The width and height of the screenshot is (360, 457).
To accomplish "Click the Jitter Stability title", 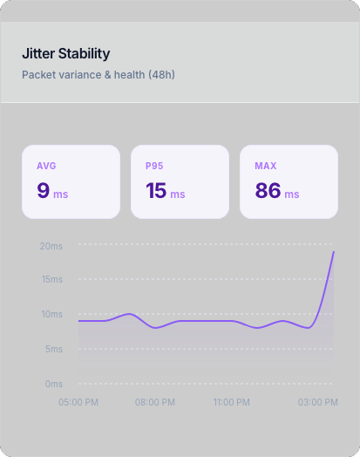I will pos(65,54).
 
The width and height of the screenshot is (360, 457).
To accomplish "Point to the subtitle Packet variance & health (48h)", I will pos(98,75).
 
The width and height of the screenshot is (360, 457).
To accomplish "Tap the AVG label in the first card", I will pos(46,166).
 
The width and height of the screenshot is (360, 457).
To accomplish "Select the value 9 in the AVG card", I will pos(44,190).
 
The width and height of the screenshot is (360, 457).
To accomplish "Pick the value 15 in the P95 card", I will pos(156,190).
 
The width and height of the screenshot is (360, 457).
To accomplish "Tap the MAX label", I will pos(265,166).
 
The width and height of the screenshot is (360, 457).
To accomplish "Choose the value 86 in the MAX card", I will pos(268,190).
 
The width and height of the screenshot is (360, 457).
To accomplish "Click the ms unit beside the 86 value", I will pos(292,194).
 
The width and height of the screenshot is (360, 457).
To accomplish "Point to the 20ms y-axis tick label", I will pos(51,246).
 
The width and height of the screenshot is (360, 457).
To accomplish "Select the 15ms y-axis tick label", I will pos(51,280).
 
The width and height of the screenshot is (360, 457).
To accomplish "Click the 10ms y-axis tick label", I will pos(51,314).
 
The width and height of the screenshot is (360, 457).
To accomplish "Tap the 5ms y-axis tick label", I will pos(52,349).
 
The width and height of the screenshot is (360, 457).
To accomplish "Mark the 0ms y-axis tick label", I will pos(52,384).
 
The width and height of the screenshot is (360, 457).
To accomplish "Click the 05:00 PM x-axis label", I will pos(78,402).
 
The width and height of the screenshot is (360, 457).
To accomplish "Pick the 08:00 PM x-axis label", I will pos(154,402).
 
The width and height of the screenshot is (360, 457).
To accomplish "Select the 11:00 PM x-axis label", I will pos(232,402).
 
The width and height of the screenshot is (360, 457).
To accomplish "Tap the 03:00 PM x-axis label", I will pos(317,402).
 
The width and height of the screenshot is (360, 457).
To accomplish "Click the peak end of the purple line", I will pos(334,252).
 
